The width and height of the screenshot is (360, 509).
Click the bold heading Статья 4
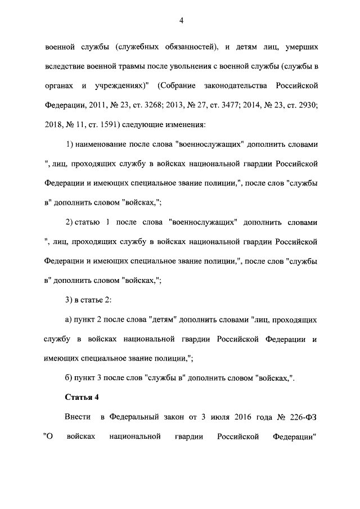[82, 398]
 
